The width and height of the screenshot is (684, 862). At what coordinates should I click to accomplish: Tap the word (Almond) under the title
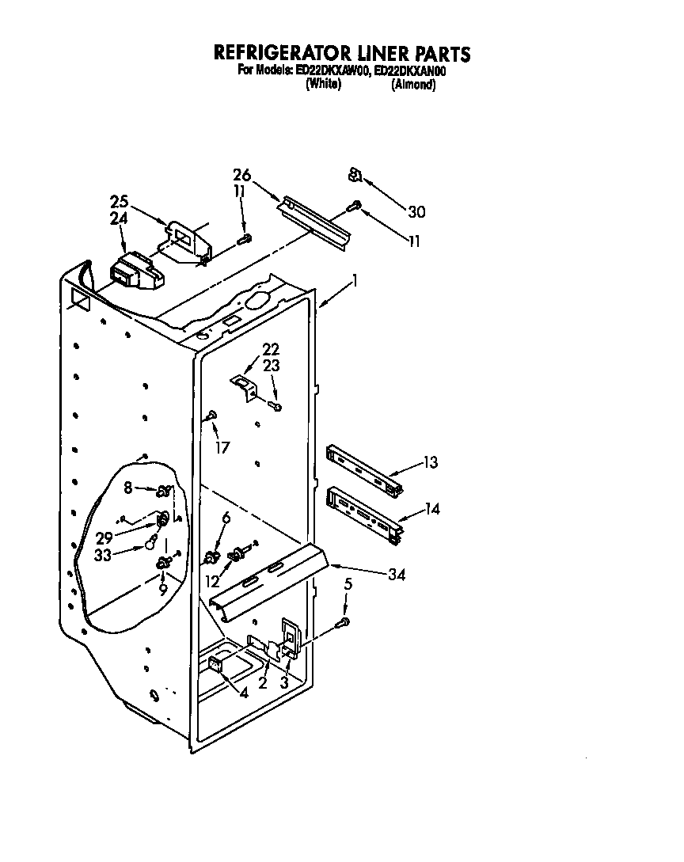[413, 85]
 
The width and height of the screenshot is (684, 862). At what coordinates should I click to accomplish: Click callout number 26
[241, 175]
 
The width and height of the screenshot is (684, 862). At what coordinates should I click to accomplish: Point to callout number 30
[416, 211]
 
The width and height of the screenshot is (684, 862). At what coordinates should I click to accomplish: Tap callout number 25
[120, 202]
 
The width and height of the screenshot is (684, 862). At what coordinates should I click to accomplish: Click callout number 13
[431, 463]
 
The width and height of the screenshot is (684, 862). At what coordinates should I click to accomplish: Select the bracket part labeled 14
[363, 515]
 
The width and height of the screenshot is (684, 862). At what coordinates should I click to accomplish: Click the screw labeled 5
[343, 624]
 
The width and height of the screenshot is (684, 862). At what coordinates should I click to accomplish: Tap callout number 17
[222, 447]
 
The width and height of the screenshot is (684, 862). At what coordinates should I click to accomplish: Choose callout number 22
[271, 349]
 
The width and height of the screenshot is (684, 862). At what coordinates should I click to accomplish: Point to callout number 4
[244, 693]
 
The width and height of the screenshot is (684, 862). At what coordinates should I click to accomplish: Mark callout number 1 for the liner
[355, 279]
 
